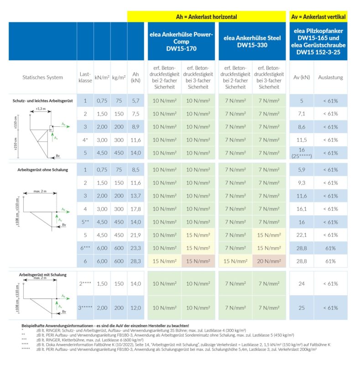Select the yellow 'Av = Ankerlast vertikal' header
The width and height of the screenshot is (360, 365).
pos(318,17)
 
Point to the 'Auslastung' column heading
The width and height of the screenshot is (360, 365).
pos(331,78)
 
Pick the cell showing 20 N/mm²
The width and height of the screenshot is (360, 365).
pos(269,261)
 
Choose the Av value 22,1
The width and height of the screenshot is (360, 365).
pos(301,235)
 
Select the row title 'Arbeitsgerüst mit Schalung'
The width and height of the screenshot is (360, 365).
pos(43,275)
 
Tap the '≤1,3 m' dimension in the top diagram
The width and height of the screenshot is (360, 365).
pos(40,109)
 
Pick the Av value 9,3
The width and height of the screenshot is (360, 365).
pos(301,183)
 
